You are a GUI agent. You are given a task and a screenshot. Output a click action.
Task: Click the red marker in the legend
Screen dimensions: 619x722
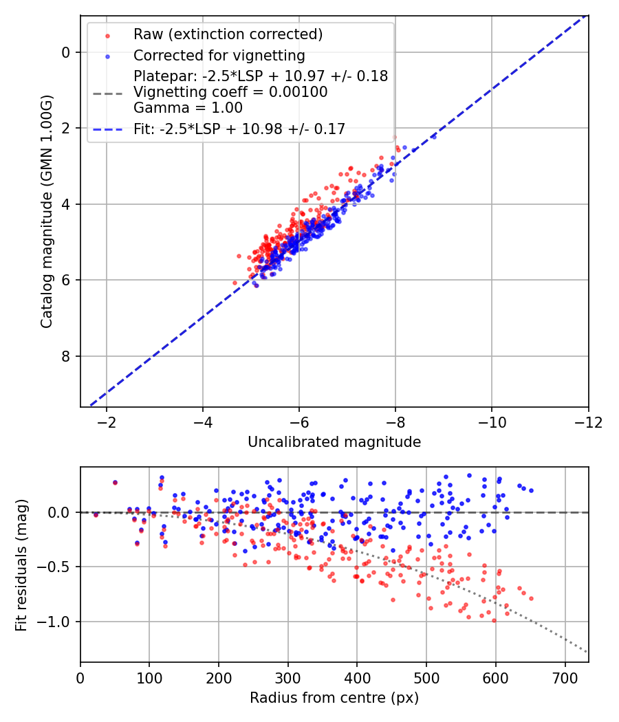pyautogui.click(x=108, y=36)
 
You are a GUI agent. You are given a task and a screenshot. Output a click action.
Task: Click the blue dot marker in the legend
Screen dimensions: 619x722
pyautogui.click(x=108, y=56)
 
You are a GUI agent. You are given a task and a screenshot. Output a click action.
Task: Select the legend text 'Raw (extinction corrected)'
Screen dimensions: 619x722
pyautogui.click(x=228, y=34)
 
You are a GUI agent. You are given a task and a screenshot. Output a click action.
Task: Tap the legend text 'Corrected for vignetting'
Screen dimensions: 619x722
pyautogui.click(x=219, y=56)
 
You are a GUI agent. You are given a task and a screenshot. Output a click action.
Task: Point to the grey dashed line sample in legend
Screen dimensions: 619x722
pyautogui.click(x=108, y=94)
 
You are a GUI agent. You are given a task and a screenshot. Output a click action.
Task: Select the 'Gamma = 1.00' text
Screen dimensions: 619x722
pyautogui.click(x=188, y=108)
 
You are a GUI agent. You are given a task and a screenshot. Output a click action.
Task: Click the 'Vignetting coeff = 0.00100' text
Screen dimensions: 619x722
pyautogui.click(x=230, y=92)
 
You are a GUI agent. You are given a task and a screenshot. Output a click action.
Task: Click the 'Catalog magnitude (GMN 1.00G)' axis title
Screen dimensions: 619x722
pyautogui.click(x=47, y=211)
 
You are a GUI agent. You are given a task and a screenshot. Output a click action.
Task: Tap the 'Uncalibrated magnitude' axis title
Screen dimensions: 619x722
pyautogui.click(x=334, y=442)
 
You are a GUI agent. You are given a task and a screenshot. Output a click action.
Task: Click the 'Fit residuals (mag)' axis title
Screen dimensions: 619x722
pyautogui.click(x=21, y=565)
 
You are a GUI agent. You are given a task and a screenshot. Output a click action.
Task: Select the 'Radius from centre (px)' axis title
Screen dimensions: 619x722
pyautogui.click(x=334, y=698)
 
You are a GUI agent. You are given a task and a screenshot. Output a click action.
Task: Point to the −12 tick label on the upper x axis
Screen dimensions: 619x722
pyautogui.click(x=588, y=422)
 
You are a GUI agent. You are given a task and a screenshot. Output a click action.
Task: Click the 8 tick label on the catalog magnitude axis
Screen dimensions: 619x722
pyautogui.click(x=65, y=356)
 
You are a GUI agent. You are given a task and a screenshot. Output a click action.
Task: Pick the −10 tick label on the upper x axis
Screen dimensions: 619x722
pyautogui.click(x=492, y=422)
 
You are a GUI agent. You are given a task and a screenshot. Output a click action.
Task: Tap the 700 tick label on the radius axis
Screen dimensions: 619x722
pyautogui.click(x=565, y=678)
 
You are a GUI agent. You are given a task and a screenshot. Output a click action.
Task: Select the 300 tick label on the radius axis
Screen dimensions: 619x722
pyautogui.click(x=288, y=678)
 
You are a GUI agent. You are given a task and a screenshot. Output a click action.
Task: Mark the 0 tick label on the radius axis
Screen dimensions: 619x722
pyautogui.click(x=80, y=678)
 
